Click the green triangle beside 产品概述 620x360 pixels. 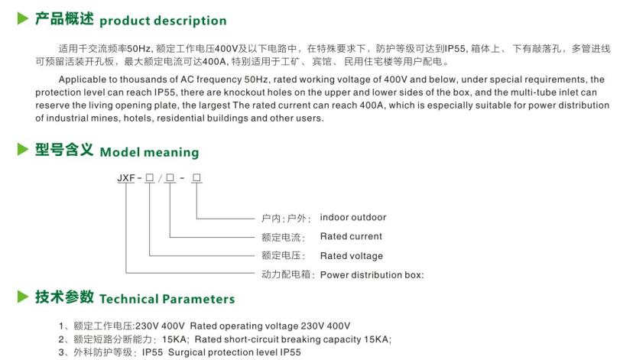click(22, 18)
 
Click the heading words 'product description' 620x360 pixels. click(163, 21)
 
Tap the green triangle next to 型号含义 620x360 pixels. click(22, 149)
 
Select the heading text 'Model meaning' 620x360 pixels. click(150, 152)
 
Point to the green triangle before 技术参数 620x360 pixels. click(22, 297)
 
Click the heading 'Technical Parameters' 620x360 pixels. click(167, 299)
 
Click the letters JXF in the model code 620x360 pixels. click(126, 178)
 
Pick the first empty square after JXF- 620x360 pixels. click(150, 178)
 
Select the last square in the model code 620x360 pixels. click(196, 178)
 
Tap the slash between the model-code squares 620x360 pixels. click(160, 178)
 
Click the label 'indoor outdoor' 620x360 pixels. click(353, 217)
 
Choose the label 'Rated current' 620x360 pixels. click(351, 236)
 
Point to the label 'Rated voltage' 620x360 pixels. click(352, 256)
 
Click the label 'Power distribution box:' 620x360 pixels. click(372, 275)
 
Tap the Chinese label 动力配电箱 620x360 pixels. click(286, 274)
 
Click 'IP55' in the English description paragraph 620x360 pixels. click(164, 92)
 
